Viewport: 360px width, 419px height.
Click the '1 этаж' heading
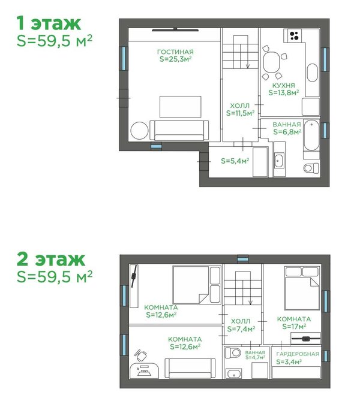(49, 23)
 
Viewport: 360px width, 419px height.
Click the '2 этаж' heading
(51, 259)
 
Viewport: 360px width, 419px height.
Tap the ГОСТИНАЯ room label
(175, 52)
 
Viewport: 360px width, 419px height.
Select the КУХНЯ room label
(284, 86)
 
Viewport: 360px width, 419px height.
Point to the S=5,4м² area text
(235, 161)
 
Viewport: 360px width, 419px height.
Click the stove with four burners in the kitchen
(294, 35)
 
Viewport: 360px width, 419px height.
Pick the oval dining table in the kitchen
(271, 62)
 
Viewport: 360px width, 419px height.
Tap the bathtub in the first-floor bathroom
(311, 135)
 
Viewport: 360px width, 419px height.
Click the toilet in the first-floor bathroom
(311, 168)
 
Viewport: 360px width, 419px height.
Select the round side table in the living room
(139, 131)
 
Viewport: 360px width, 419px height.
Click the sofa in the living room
(179, 130)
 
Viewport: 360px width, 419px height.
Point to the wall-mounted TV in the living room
(175, 29)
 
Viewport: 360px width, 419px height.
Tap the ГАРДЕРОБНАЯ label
(298, 354)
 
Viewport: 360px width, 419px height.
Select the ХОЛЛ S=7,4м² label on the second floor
(241, 325)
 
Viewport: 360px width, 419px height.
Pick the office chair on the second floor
(141, 355)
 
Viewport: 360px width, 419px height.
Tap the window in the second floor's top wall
(242, 259)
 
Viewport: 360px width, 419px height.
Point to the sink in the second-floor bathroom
(233, 373)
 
